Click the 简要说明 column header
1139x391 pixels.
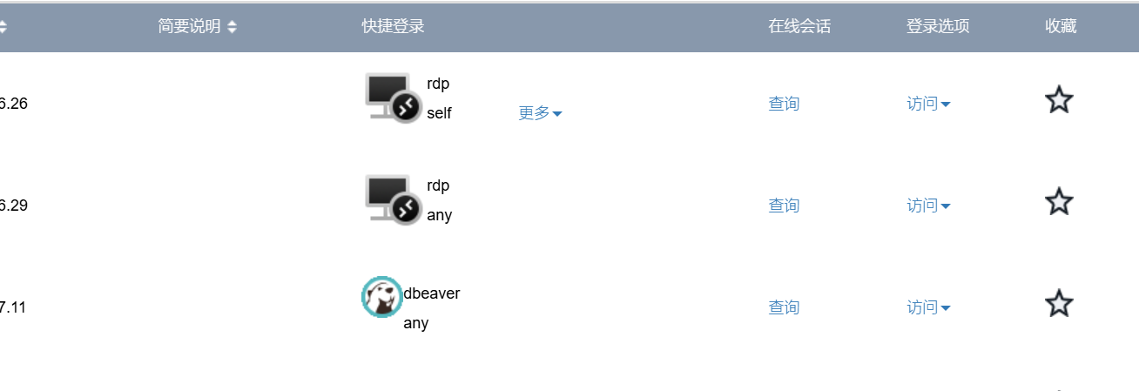coord(189,26)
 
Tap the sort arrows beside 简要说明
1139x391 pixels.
coord(232,26)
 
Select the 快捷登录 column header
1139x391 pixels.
coord(393,26)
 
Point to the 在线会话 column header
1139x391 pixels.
coord(799,26)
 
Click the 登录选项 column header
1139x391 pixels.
coord(938,26)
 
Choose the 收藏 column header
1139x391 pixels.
coord(1061,26)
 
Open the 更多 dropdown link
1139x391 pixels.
coord(540,113)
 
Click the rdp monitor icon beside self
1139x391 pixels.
coord(393,98)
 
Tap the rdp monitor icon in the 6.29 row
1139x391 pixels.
coord(393,199)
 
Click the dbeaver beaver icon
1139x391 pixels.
coord(382,297)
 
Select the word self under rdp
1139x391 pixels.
coord(439,113)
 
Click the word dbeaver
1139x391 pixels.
coord(431,293)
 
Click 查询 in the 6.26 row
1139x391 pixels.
coord(784,104)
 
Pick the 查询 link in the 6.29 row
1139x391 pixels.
coord(784,206)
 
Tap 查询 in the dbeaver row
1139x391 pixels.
coord(784,307)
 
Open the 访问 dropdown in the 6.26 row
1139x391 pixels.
coord(928,104)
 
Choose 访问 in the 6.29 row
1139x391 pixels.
coord(928,206)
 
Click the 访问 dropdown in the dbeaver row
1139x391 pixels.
coord(928,307)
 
